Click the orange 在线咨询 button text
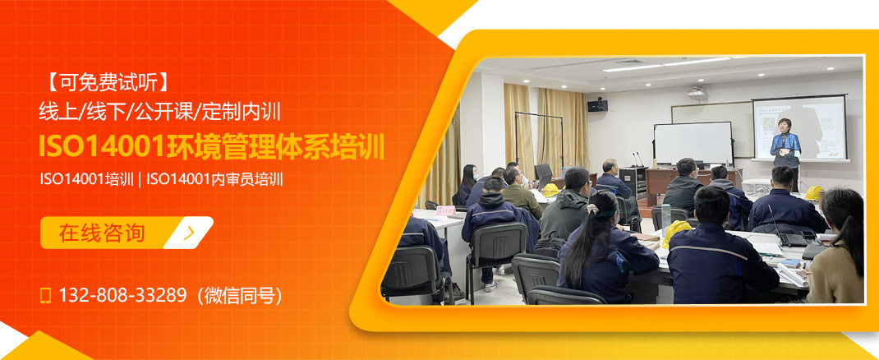pyautogui.click(x=102, y=233)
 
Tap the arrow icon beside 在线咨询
pyautogui.click(x=190, y=233)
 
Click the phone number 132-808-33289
pyautogui.click(x=122, y=295)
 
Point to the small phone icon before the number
pyautogui.click(x=46, y=295)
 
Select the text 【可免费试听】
pyautogui.click(x=107, y=82)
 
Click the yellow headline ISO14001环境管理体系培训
pyautogui.click(x=212, y=146)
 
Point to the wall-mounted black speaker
pyautogui.click(x=597, y=104)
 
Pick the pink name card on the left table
pyautogui.click(x=445, y=210)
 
